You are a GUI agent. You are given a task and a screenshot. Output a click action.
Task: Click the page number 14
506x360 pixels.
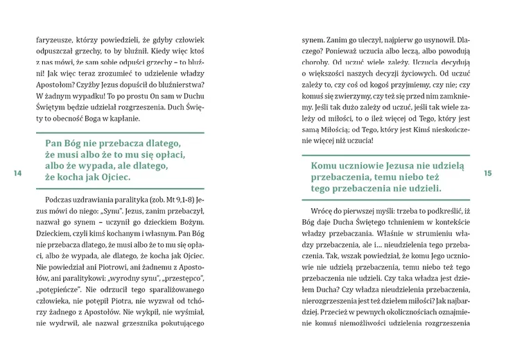(17, 173)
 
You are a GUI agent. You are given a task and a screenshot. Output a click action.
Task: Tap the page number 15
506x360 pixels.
(488, 173)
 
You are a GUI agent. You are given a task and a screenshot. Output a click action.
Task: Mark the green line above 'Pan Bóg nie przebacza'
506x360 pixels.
(119, 132)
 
